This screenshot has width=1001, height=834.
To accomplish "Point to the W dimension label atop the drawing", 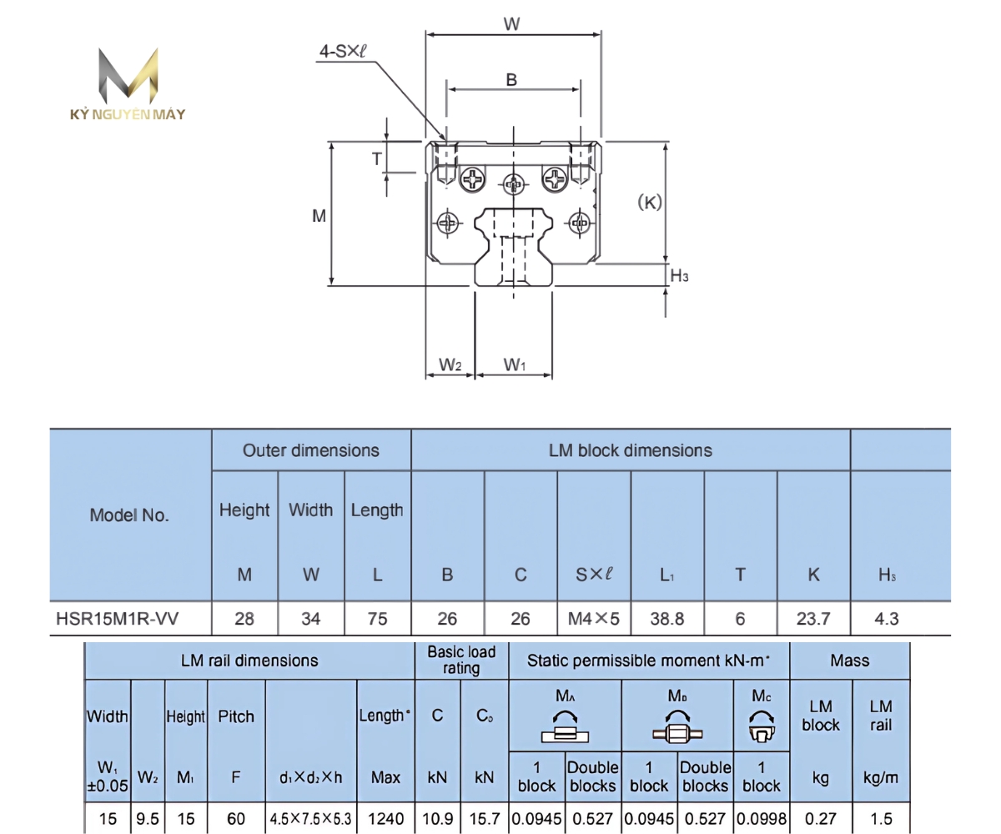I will coord(512,24).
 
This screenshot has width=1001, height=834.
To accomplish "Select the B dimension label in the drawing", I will coord(512,80).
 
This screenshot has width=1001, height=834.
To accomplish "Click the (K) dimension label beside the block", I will coord(648,201).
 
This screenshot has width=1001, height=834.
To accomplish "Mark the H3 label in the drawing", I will coord(680,275).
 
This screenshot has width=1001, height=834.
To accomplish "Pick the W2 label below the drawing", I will coord(450,364).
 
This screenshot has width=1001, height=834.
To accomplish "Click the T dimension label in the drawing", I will coord(376,159).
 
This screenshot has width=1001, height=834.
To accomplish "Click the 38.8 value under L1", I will coord(667,620).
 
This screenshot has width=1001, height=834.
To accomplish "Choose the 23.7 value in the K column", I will coord(813,620).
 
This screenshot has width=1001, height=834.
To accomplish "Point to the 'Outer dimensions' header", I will coord(310,450).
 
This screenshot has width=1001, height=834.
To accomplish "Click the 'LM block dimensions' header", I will coord(630,450).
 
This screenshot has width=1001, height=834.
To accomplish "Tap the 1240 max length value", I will coord(385,819).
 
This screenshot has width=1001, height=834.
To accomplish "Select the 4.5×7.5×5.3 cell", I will coord(310,819).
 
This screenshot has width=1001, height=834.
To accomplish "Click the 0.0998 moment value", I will coord(760,819).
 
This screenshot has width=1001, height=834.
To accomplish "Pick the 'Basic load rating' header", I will coord(460,660).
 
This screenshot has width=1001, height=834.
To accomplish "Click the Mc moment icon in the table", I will coord(760,726).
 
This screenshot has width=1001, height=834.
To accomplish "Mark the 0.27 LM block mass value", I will coord(820,819).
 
